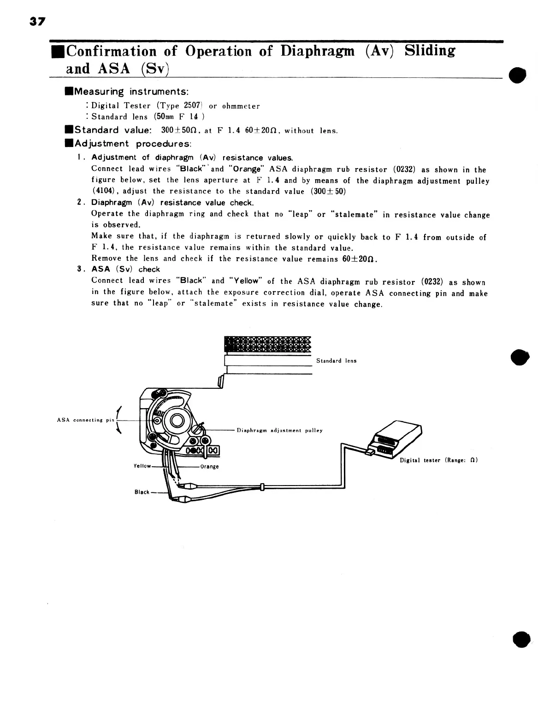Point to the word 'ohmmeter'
click(241, 106)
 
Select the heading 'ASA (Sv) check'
click(125, 269)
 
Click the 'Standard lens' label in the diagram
click(336, 361)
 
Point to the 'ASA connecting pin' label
click(85, 420)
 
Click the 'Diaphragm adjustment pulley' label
click(279, 431)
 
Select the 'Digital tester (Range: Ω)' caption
click(438, 460)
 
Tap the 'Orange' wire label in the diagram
click(209, 467)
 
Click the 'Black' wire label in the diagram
click(142, 492)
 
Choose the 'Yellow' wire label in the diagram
click(142, 466)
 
